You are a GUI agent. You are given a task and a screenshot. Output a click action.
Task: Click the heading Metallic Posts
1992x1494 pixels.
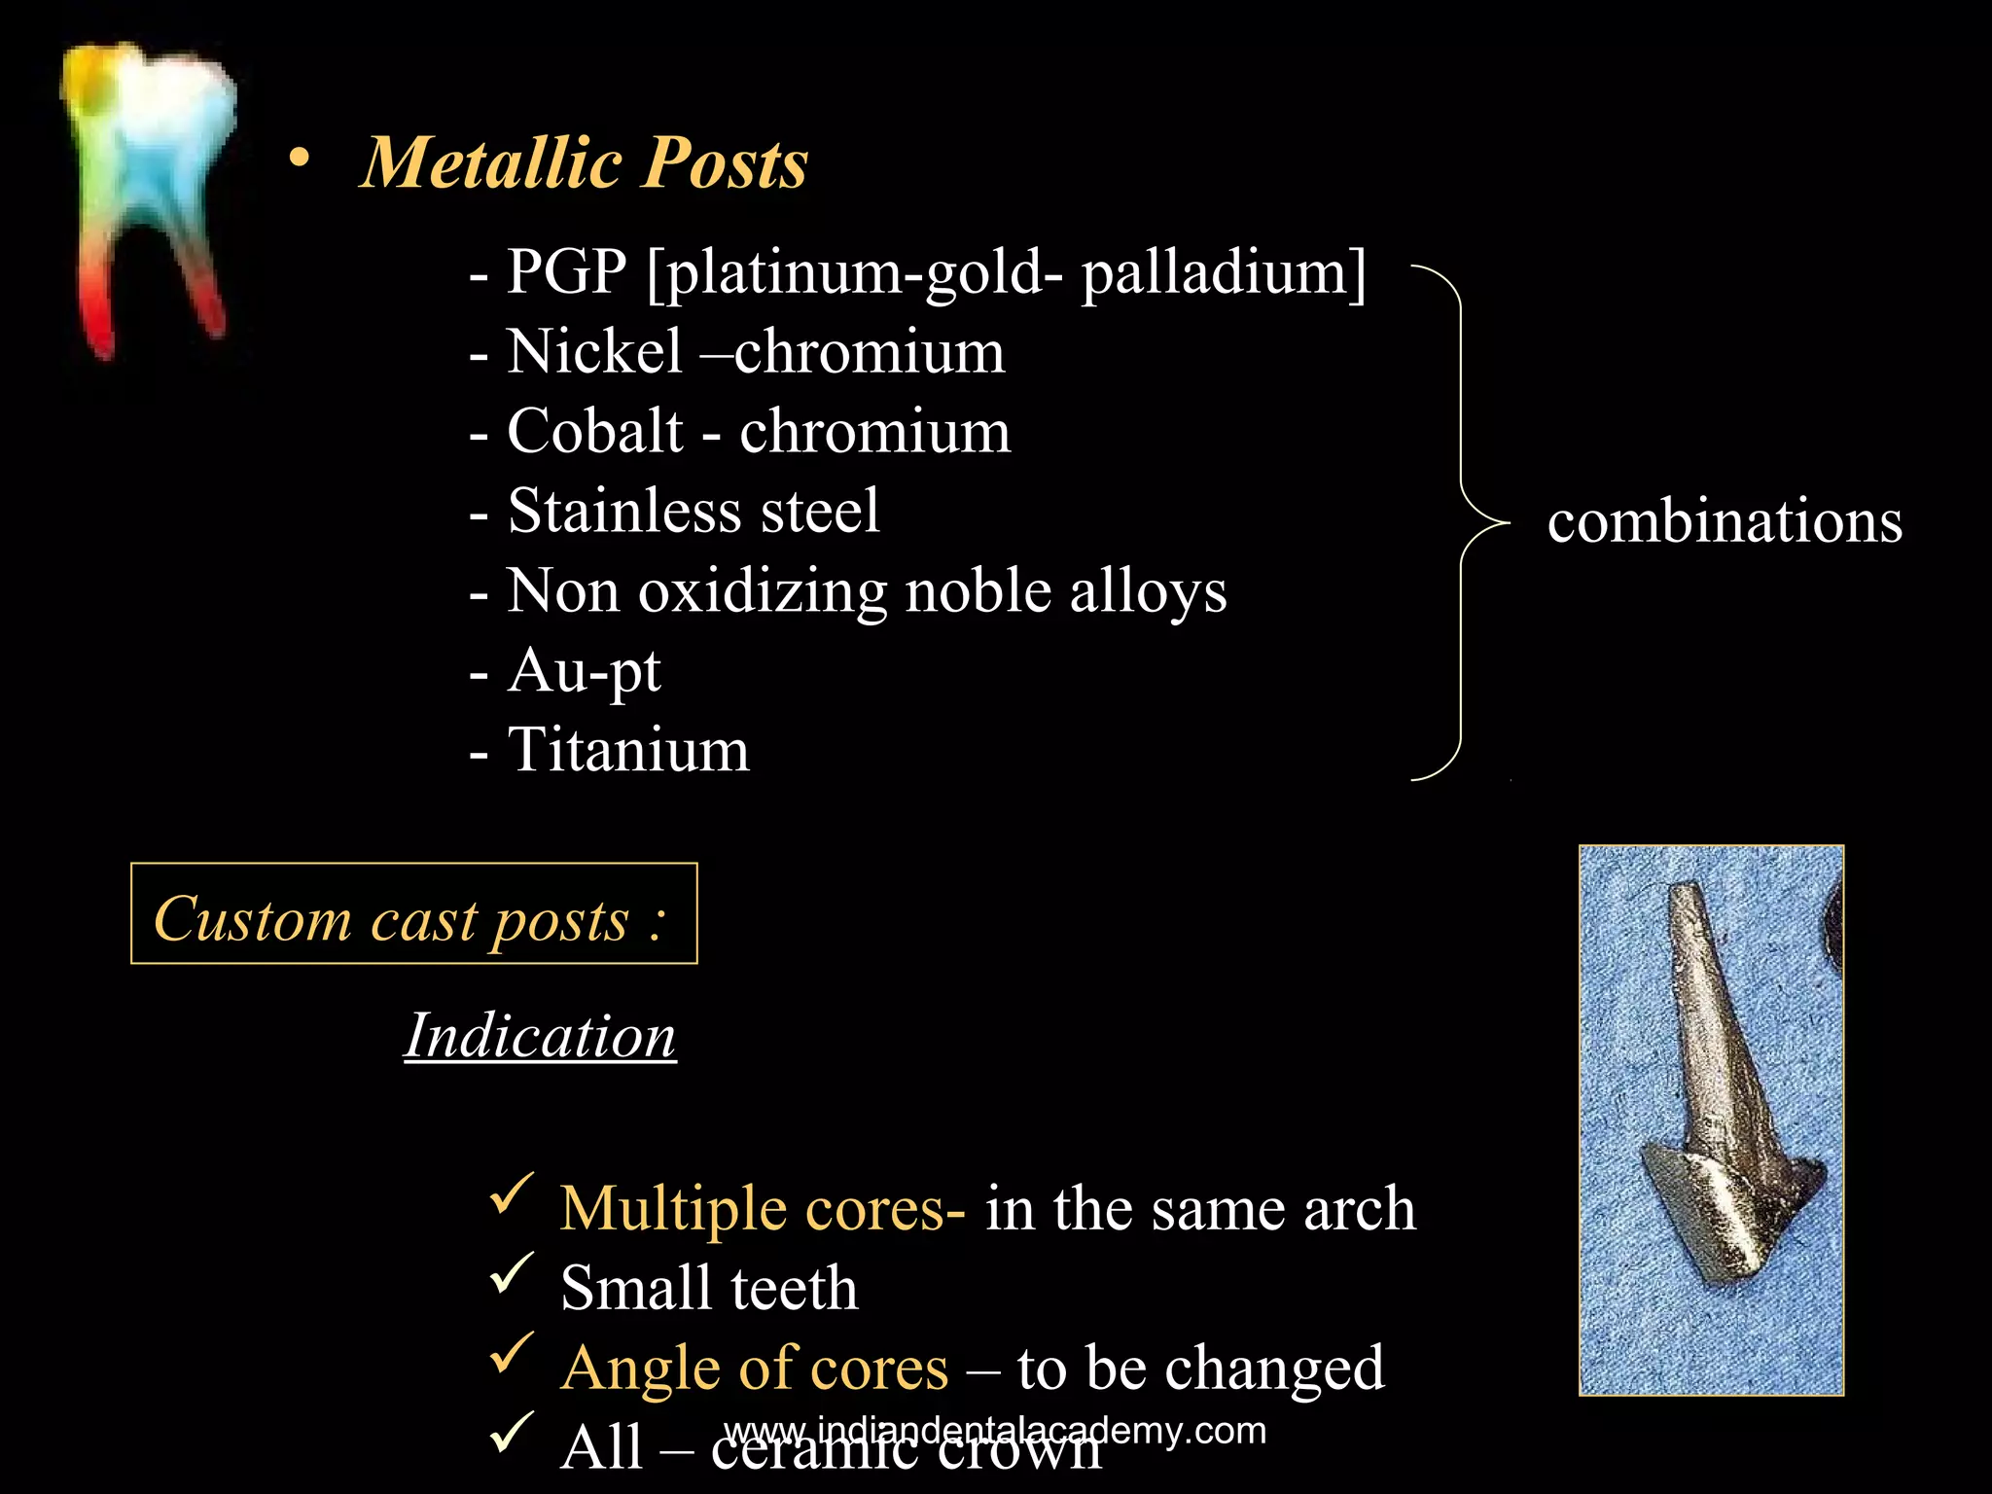pyautogui.click(x=584, y=162)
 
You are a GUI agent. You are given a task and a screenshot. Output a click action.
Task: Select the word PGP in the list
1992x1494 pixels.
pyautogui.click(x=566, y=271)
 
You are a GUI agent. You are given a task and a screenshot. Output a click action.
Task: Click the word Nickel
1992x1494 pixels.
pyautogui.click(x=594, y=351)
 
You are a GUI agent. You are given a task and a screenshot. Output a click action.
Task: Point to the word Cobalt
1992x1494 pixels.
pyautogui.click(x=594, y=431)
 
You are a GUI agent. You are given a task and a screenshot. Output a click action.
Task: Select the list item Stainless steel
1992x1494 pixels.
pyautogui.click(x=693, y=511)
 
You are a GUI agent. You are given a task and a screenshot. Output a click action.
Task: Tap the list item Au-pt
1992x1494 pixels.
pyautogui.click(x=584, y=670)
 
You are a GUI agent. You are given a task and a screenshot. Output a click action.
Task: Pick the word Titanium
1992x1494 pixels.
pyautogui.click(x=628, y=750)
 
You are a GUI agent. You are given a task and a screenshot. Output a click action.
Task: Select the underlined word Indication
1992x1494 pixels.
pyautogui.click(x=540, y=1035)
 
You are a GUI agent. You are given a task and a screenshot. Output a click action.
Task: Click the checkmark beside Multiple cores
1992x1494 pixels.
pyautogui.click(x=512, y=1193)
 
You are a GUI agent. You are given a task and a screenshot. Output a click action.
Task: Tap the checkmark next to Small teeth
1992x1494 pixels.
pyautogui.click(x=512, y=1273)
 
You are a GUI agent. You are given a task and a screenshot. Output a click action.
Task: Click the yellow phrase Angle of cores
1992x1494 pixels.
pyautogui.click(x=754, y=1368)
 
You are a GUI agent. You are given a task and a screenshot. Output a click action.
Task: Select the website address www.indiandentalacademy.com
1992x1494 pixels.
pyautogui.click(x=994, y=1431)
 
